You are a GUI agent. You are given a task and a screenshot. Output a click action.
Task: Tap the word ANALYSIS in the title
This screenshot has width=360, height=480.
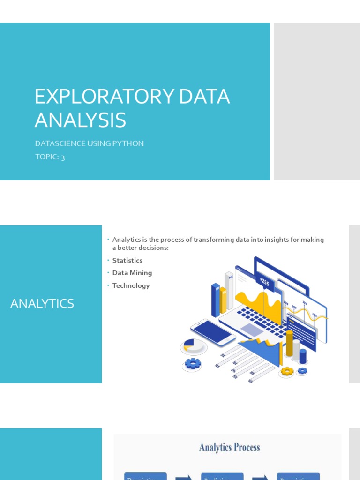(x=80, y=120)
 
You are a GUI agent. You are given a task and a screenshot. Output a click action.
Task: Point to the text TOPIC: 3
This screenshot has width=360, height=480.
(x=50, y=157)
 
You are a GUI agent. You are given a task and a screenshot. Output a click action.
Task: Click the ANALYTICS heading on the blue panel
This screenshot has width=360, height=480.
(x=42, y=304)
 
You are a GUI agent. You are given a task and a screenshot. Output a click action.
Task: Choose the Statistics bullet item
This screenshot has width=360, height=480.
(x=127, y=260)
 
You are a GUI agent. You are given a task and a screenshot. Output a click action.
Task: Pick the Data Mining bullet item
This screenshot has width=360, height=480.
(x=132, y=273)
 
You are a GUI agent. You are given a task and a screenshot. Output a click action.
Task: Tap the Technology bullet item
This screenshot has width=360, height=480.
(x=131, y=285)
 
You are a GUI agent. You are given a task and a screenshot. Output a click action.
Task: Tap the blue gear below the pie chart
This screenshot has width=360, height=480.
(x=192, y=363)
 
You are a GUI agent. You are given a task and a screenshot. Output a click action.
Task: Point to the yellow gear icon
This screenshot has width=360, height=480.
(x=287, y=371)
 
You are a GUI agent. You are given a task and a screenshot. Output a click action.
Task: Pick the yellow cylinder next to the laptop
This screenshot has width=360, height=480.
(x=289, y=343)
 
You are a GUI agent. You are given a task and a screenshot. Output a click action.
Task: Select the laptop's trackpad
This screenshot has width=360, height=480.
(x=252, y=330)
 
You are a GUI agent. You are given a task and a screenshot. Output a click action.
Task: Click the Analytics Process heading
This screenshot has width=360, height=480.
(x=229, y=447)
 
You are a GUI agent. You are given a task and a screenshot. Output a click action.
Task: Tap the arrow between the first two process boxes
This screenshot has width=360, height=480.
(x=184, y=477)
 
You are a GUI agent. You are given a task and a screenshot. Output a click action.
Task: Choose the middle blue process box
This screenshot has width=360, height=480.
(x=222, y=476)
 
